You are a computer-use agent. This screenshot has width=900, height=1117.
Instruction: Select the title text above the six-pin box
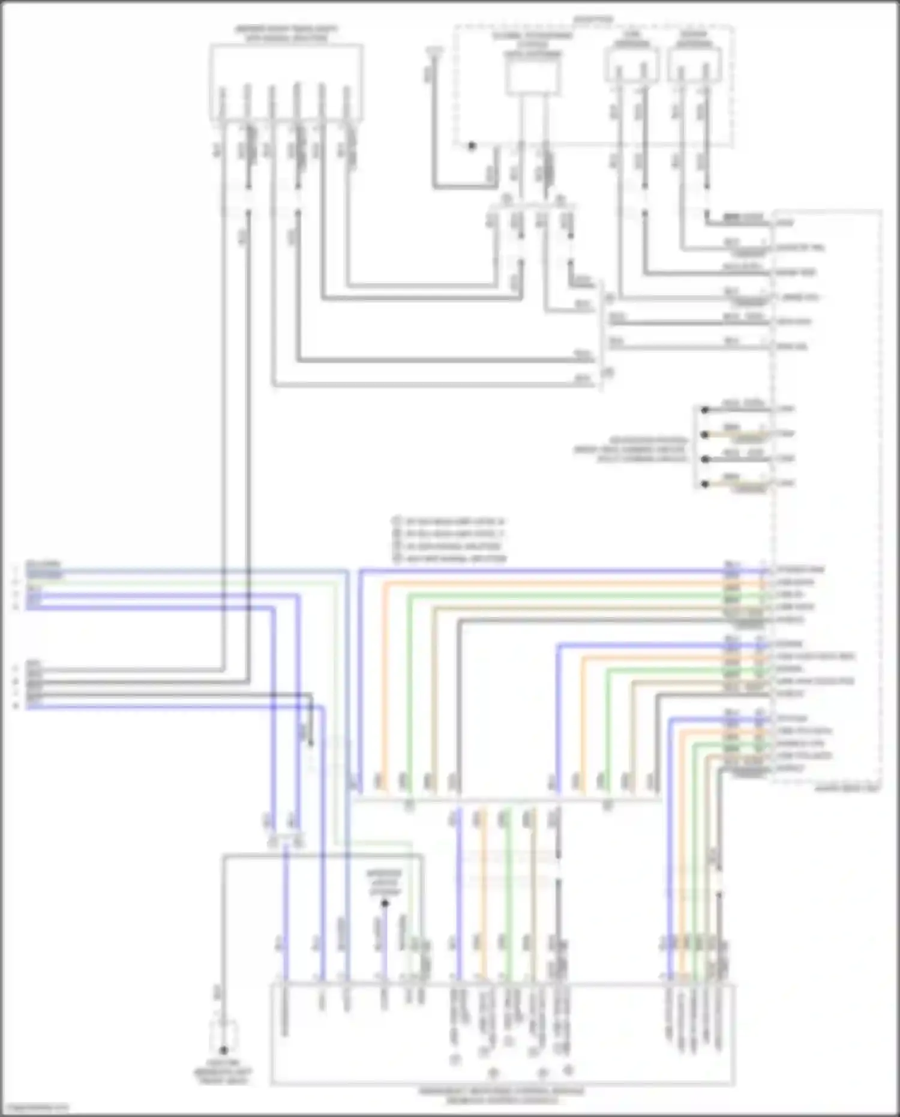point(286,34)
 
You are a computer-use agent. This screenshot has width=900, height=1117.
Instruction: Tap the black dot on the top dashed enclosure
point(472,146)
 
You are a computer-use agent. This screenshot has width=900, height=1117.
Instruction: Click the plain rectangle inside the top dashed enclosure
point(533,78)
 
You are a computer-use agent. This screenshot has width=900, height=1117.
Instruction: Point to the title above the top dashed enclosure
point(593,20)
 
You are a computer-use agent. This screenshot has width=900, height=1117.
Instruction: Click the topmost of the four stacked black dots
point(706,410)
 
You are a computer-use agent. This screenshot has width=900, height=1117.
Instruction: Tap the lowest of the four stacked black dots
point(706,484)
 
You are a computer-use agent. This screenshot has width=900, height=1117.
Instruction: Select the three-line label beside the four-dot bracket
point(630,449)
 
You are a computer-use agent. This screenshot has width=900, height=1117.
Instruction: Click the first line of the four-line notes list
point(449,521)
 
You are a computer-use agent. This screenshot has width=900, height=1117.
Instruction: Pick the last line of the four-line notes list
point(449,559)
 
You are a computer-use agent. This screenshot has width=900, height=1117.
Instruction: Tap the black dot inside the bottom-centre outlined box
point(385,903)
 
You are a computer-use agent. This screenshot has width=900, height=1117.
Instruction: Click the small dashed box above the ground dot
point(223,1034)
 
